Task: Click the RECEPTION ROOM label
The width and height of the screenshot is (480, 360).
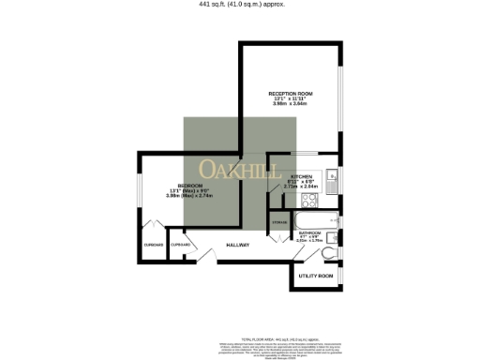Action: point(291,94)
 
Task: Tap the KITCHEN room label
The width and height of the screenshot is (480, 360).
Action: point(301,176)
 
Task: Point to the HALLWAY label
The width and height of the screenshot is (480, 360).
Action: point(238,246)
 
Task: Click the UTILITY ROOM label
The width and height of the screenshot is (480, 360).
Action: point(315,277)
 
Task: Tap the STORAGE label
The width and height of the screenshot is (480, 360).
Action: point(279,222)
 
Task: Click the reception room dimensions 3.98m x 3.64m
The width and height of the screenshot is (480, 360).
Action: point(291,104)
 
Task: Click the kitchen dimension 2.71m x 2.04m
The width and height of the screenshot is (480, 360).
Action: point(301,187)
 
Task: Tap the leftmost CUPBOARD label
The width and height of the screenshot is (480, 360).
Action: point(154,245)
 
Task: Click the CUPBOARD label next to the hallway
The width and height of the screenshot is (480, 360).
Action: point(181,245)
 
